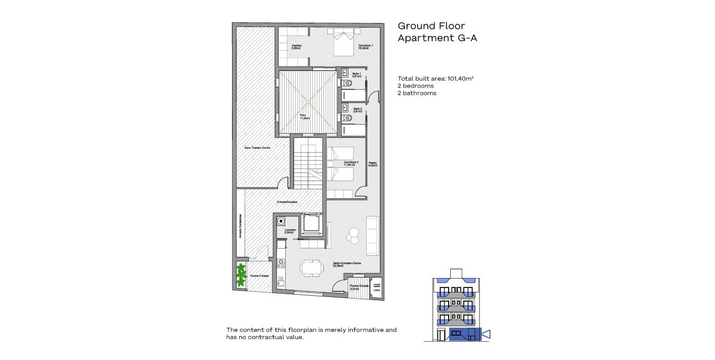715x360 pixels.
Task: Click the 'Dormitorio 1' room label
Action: tap(366, 47)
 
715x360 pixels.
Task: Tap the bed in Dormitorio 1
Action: tap(343, 43)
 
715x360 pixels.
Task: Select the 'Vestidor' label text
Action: tap(297, 47)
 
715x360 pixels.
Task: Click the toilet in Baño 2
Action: tap(347, 118)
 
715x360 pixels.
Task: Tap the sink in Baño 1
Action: tap(344, 72)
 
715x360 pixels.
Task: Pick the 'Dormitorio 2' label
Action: tap(351, 163)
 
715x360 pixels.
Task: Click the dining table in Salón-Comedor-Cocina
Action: tap(312, 268)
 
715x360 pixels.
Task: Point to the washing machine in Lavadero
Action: tap(281, 221)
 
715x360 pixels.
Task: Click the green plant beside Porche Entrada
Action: tap(241, 275)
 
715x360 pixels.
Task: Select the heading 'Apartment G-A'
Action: tap(437, 38)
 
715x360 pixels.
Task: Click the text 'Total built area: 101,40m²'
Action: tap(435, 79)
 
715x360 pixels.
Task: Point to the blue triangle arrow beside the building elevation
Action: tap(486, 334)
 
